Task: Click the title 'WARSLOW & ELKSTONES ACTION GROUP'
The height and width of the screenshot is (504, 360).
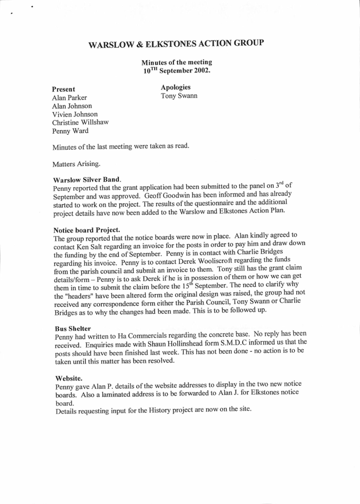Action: coord(176,44)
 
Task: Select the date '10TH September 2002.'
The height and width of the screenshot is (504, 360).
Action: coord(176,71)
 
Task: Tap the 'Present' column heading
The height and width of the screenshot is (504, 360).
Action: coord(64,89)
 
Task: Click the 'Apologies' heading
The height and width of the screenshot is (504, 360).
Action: coord(175,87)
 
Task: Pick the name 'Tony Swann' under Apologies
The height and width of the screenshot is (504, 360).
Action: coord(178,96)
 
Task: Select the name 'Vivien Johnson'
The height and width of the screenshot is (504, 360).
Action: coord(75,114)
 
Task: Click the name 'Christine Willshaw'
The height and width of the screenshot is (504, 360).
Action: coord(80,122)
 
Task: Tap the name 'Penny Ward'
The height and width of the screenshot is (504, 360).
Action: coord(70,131)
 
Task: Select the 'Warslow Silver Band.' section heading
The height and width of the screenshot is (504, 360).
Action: coord(87,180)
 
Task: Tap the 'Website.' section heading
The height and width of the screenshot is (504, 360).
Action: coord(68,377)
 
